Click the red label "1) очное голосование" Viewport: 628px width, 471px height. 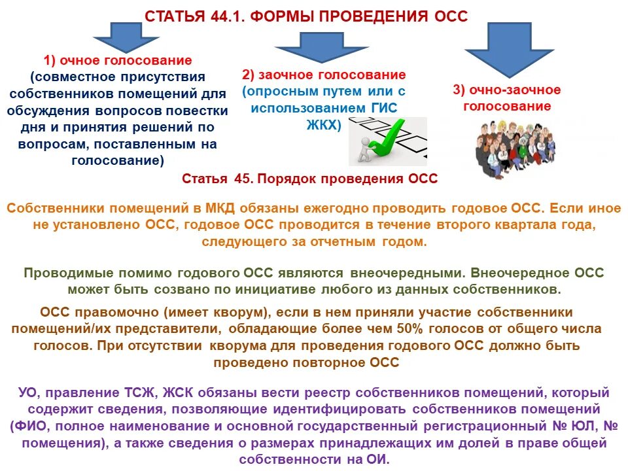tap(118, 61)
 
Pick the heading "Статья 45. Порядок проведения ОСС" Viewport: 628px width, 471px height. tap(309, 179)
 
